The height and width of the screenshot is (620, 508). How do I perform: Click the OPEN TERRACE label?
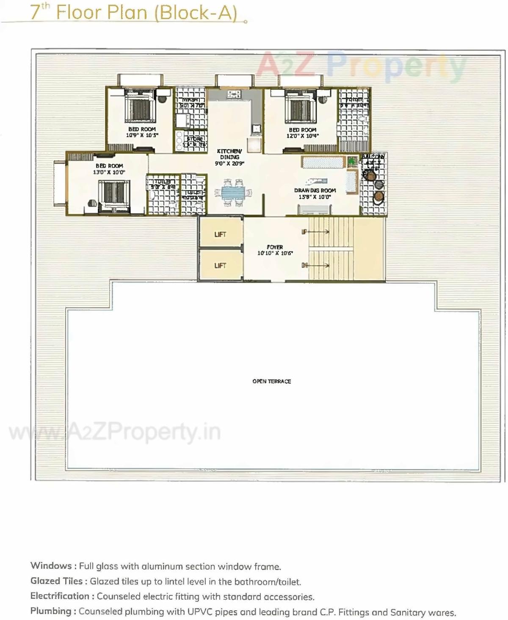coord(271,381)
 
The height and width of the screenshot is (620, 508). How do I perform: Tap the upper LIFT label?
coord(220,234)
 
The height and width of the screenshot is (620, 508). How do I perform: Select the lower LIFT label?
coord(220,266)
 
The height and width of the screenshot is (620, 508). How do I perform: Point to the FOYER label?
coord(275,247)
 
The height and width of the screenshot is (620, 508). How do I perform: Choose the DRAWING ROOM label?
coord(315,191)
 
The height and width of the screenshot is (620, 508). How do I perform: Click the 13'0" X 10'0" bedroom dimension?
coord(109,172)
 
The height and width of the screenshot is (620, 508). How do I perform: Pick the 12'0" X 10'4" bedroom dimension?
coord(302,136)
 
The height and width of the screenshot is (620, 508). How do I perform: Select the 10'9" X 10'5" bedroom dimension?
coord(142,135)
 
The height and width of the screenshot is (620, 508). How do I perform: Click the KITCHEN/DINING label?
coord(229,154)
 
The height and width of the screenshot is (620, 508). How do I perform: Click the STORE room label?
coord(195,139)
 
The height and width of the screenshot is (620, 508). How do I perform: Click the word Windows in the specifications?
coord(51,566)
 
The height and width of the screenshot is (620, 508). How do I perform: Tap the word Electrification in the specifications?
coord(60,596)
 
